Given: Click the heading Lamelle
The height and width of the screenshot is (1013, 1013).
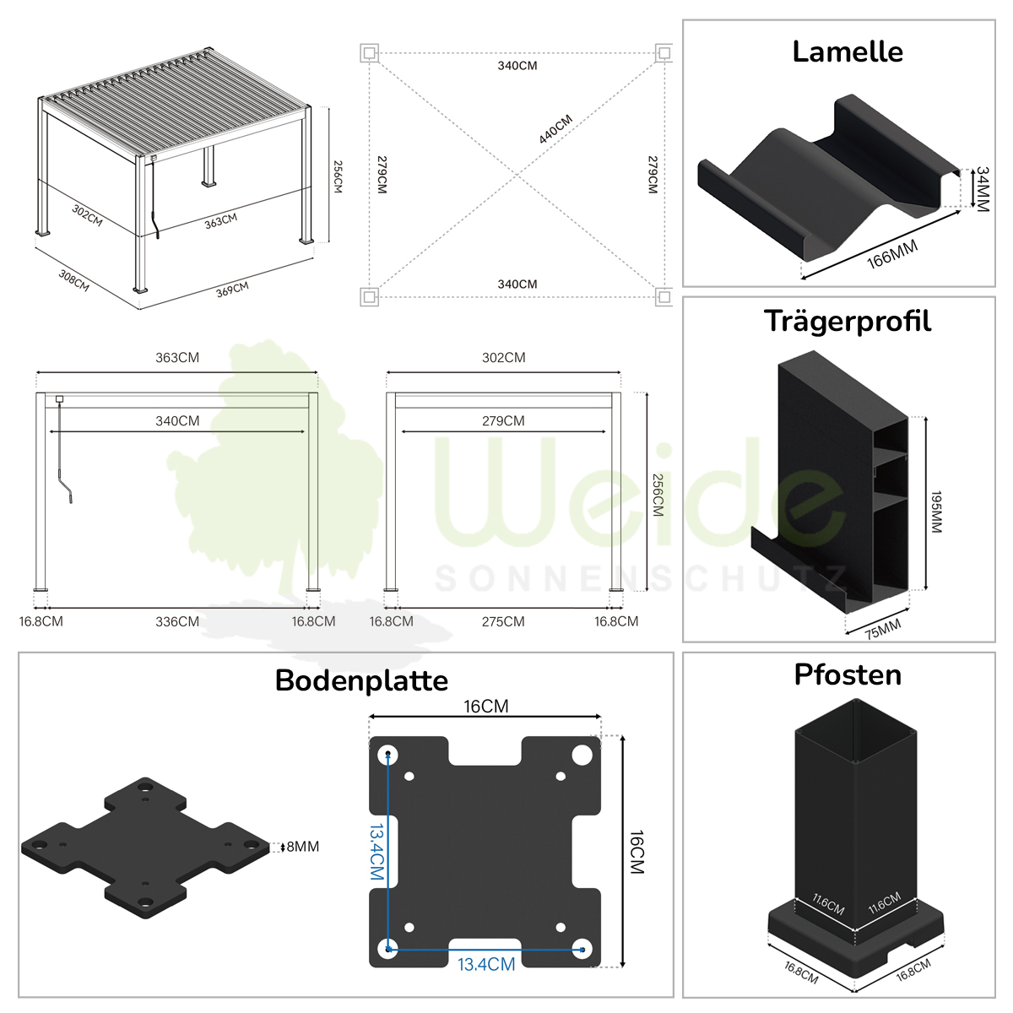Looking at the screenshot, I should click(847, 52).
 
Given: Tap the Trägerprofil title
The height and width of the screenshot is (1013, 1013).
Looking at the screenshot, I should click(847, 322).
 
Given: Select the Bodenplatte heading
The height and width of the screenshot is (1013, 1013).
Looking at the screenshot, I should click(361, 680).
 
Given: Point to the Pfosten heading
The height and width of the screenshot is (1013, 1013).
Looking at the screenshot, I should click(848, 675).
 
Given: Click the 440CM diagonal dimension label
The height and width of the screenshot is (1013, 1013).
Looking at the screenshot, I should click(555, 129).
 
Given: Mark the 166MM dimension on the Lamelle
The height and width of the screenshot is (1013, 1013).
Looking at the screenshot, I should click(892, 254).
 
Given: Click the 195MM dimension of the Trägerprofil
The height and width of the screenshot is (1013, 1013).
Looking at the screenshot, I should click(935, 512).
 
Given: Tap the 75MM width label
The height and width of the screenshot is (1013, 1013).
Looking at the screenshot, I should click(883, 628).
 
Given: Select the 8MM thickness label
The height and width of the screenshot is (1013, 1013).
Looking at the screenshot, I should click(302, 847).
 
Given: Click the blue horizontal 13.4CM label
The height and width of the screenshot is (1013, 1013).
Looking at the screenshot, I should click(486, 964).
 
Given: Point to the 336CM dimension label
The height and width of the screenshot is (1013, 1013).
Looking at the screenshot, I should click(177, 622).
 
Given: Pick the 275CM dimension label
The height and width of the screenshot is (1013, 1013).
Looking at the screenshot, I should click(503, 622).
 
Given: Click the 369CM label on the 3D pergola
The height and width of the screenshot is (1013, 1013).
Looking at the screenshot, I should click(232, 290).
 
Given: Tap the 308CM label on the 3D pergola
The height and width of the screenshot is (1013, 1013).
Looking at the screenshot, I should click(73, 280).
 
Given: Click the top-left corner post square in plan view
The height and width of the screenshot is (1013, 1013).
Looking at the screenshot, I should click(369, 53).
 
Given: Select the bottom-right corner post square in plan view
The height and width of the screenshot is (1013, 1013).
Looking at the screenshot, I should click(664, 296).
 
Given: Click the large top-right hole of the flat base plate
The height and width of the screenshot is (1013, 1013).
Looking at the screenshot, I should click(582, 755).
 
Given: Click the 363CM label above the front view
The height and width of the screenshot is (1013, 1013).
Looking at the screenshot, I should click(177, 358).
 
